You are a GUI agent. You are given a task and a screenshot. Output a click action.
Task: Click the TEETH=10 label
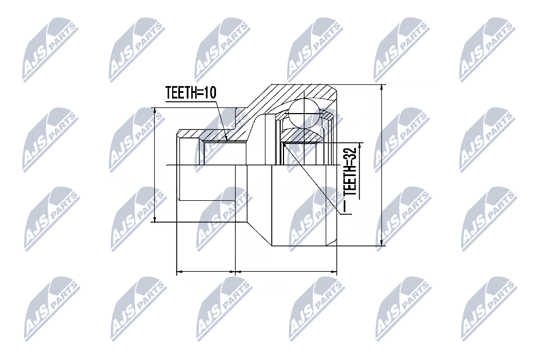pos(191,92)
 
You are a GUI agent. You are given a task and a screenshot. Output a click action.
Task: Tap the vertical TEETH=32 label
pos(350,172)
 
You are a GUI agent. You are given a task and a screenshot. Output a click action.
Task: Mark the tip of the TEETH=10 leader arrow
pos(226,141)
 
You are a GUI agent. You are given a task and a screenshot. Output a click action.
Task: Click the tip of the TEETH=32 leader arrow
pos(283,143)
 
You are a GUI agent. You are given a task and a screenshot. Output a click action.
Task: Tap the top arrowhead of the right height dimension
pos(381,88)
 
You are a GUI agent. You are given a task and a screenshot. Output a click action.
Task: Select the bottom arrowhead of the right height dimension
pos(381,242)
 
